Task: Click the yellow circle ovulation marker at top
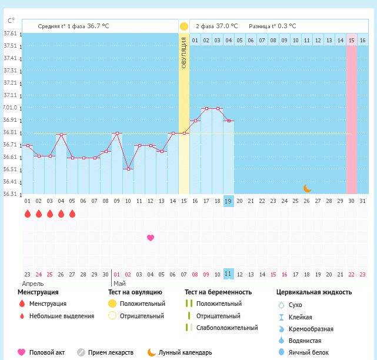[x=184, y=26]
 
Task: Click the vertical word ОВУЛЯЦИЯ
[x=184, y=53]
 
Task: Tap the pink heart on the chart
[x=151, y=238]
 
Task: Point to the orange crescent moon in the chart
[x=307, y=188]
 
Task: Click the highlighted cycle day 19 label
[x=229, y=201]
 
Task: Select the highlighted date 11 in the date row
[x=229, y=274]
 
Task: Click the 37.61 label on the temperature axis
[x=10, y=34]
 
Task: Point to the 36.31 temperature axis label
[x=10, y=194]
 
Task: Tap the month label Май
[x=119, y=284]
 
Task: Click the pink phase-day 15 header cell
[x=351, y=40]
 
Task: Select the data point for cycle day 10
[x=128, y=169]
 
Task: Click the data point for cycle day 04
[x=61, y=135]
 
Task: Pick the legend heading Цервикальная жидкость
[x=314, y=292]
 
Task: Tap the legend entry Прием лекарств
[x=111, y=352]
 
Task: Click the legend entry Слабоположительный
[x=227, y=328]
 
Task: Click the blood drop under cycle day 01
[x=28, y=214]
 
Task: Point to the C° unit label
[x=11, y=21]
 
